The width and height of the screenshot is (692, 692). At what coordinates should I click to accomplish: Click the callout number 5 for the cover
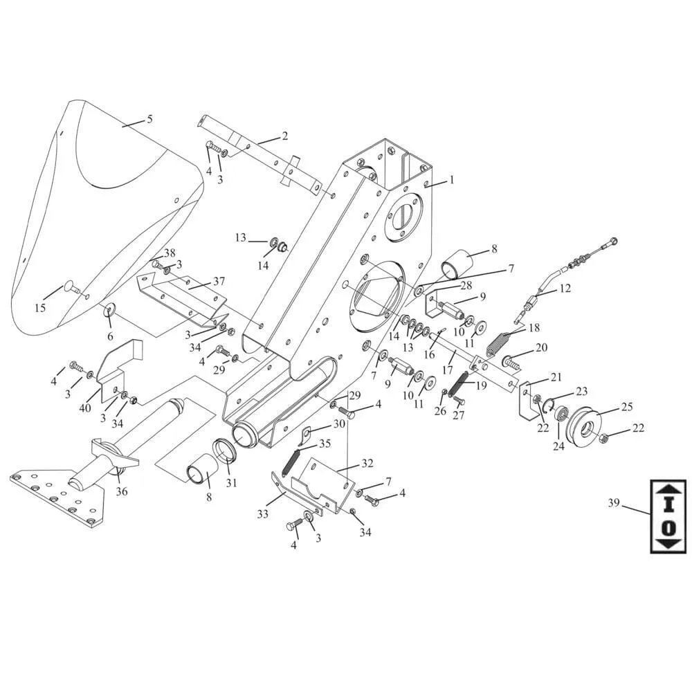pyautogui.click(x=149, y=119)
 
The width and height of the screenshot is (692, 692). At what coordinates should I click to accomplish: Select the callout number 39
pyautogui.click(x=613, y=503)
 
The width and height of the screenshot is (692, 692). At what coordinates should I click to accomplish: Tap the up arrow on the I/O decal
pyautogui.click(x=668, y=488)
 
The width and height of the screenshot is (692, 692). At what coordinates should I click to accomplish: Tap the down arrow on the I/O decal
pyautogui.click(x=668, y=544)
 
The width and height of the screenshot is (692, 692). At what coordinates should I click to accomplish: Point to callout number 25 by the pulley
pyautogui.click(x=626, y=406)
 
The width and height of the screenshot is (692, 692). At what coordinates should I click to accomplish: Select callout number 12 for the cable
pyautogui.click(x=565, y=288)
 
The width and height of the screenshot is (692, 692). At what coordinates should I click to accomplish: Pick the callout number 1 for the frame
pyautogui.click(x=451, y=180)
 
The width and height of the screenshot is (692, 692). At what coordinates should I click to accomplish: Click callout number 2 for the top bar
pyautogui.click(x=284, y=136)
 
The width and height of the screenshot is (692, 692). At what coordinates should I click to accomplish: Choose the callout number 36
pyautogui.click(x=122, y=491)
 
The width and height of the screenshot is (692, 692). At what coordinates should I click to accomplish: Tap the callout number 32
pyautogui.click(x=367, y=463)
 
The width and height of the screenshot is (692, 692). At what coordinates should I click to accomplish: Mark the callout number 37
pyautogui.click(x=219, y=282)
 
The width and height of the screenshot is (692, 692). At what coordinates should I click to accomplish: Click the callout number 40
pyautogui.click(x=85, y=408)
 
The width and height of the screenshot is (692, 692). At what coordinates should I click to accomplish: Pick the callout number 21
pyautogui.click(x=556, y=377)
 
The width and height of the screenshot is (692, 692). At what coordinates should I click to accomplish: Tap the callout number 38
pyautogui.click(x=170, y=253)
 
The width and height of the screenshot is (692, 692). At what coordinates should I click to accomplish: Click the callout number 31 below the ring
pyautogui.click(x=231, y=482)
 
